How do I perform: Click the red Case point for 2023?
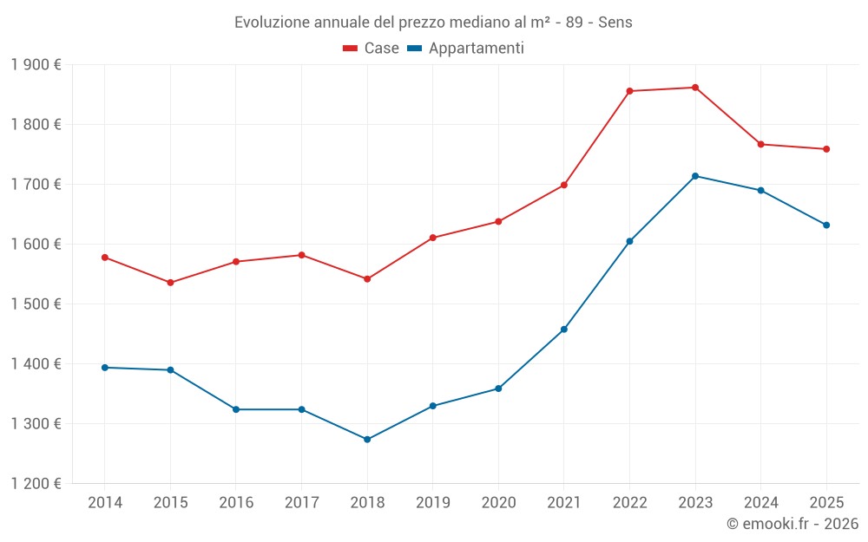[695, 88]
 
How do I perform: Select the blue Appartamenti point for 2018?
[367, 440]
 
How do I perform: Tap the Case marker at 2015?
[170, 283]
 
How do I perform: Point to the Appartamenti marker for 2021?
[564, 330]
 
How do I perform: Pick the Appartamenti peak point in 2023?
[695, 176]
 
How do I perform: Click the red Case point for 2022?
[629, 91]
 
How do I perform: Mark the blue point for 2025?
[826, 225]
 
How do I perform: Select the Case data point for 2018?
[367, 279]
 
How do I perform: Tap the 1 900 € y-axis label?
[36, 65]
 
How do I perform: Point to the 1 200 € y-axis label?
[36, 484]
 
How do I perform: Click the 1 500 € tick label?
[36, 304]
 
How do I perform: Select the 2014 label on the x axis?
[105, 503]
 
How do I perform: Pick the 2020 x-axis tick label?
[498, 503]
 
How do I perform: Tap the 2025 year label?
[826, 503]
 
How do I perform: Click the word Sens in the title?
[615, 22]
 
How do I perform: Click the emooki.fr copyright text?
[792, 524]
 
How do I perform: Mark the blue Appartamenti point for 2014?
[105, 368]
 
